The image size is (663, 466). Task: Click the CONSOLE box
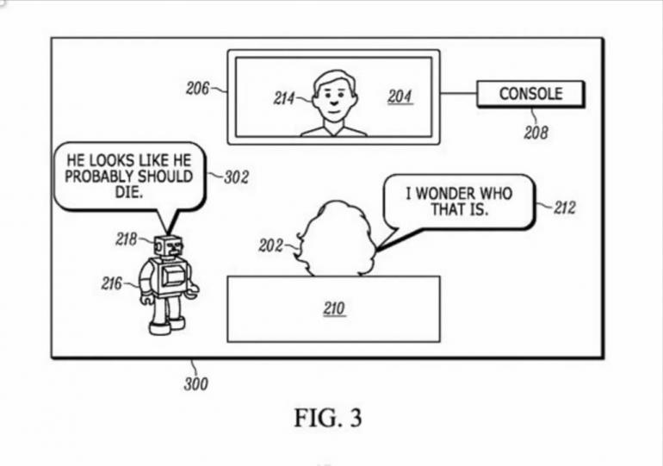coord(530,93)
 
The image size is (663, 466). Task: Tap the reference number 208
coord(535,134)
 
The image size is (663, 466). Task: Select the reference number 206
coord(198,87)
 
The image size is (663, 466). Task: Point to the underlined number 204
coord(400,96)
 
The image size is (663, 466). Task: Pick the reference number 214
coord(285,98)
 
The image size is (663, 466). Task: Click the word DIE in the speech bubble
coord(127,194)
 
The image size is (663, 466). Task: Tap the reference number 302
coord(236,177)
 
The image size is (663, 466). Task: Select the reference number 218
coord(127,239)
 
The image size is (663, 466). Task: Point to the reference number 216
coord(112,283)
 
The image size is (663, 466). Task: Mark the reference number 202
coord(270,245)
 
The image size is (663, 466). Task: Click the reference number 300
coord(195,384)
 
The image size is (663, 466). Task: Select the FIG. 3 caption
coord(328,419)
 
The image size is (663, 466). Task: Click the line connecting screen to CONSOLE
coord(458,93)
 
